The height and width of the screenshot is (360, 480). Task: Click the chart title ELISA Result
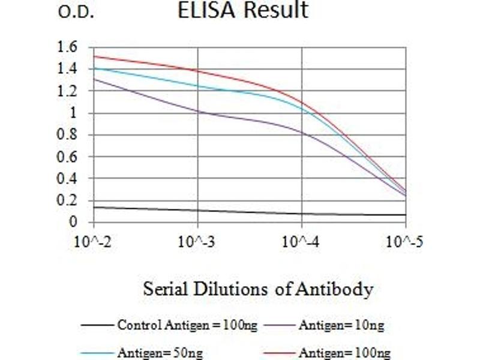[x=243, y=10]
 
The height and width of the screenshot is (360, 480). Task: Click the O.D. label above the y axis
[x=76, y=13]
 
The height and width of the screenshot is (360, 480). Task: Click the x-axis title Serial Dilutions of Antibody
[x=258, y=289]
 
